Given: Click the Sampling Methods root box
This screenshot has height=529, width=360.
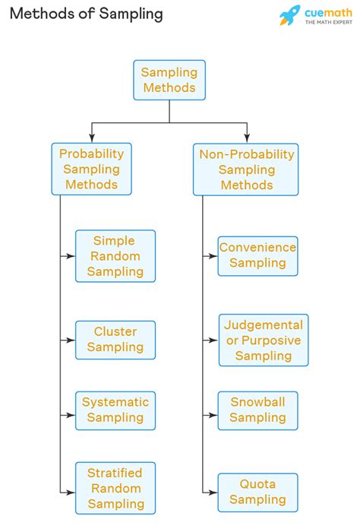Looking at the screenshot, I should [169, 80].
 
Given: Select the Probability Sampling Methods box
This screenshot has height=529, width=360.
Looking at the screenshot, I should [91, 169].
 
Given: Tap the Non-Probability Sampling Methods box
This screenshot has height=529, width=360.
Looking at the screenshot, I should [245, 169].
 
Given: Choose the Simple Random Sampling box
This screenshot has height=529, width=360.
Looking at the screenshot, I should [115, 256].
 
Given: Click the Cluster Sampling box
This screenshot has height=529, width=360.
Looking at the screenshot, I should [115, 340].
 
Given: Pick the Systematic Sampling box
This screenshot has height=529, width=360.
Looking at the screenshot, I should [115, 410].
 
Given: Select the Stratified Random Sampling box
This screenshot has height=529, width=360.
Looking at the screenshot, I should [115, 487].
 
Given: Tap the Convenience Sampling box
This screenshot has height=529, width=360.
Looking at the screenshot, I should [257, 255].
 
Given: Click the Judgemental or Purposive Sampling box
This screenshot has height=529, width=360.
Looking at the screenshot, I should [263, 340].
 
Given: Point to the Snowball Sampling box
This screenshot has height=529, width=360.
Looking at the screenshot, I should [257, 410].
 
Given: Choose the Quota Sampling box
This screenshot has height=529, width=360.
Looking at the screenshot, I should [257, 492].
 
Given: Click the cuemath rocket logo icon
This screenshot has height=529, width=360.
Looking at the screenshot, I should [289, 15].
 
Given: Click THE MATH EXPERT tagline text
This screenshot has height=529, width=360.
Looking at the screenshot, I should [329, 23].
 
